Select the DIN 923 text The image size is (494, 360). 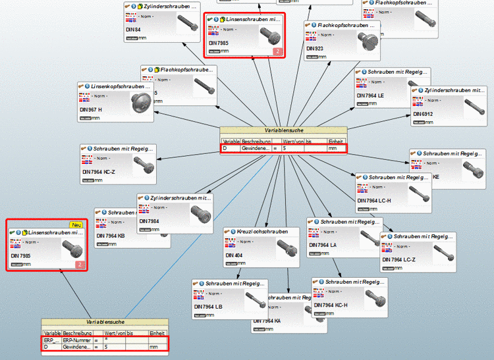pyautogui.click(x=316, y=49)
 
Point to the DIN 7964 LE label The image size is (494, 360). pyautogui.click(x=371, y=95)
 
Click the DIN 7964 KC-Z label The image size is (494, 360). pyautogui.click(x=99, y=172)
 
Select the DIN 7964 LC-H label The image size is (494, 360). pyautogui.click(x=374, y=201)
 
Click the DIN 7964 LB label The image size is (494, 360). pyautogui.click(x=208, y=307)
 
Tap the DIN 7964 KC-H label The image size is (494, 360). pyautogui.click(x=331, y=305)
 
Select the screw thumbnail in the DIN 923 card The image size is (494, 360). pyautogui.click(x=366, y=41)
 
